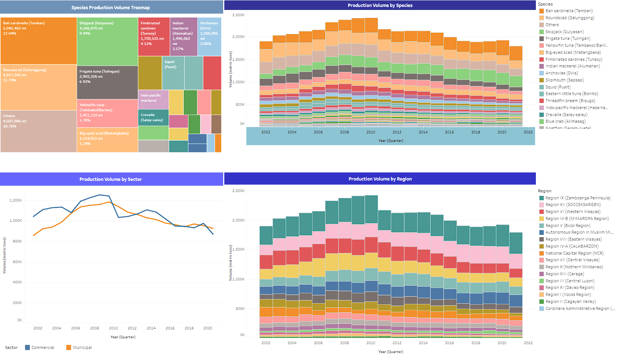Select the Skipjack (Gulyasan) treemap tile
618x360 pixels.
tap(107, 41)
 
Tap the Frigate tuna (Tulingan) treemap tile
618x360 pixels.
tap(107, 82)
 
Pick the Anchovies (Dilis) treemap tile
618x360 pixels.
tap(209, 36)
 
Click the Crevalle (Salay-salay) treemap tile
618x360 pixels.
tap(153, 118)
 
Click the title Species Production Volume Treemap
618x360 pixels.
tap(110, 7)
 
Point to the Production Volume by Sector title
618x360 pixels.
tap(110, 179)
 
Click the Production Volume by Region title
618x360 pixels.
tap(380, 179)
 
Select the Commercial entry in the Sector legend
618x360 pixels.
tap(42, 347)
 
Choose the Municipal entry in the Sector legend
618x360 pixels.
tap(82, 347)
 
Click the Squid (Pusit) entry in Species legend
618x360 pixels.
tap(558, 87)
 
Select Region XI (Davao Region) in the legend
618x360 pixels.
tap(569, 287)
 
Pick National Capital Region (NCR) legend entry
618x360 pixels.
tap(574, 253)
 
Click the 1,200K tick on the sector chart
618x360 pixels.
tap(16, 200)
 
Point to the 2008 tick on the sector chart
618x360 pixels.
tap(95, 328)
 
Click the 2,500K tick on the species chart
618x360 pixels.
tap(238, 15)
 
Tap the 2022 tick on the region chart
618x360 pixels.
tap(528, 343)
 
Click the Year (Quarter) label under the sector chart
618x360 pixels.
tap(123, 337)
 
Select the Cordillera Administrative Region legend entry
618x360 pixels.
tap(579, 308)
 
